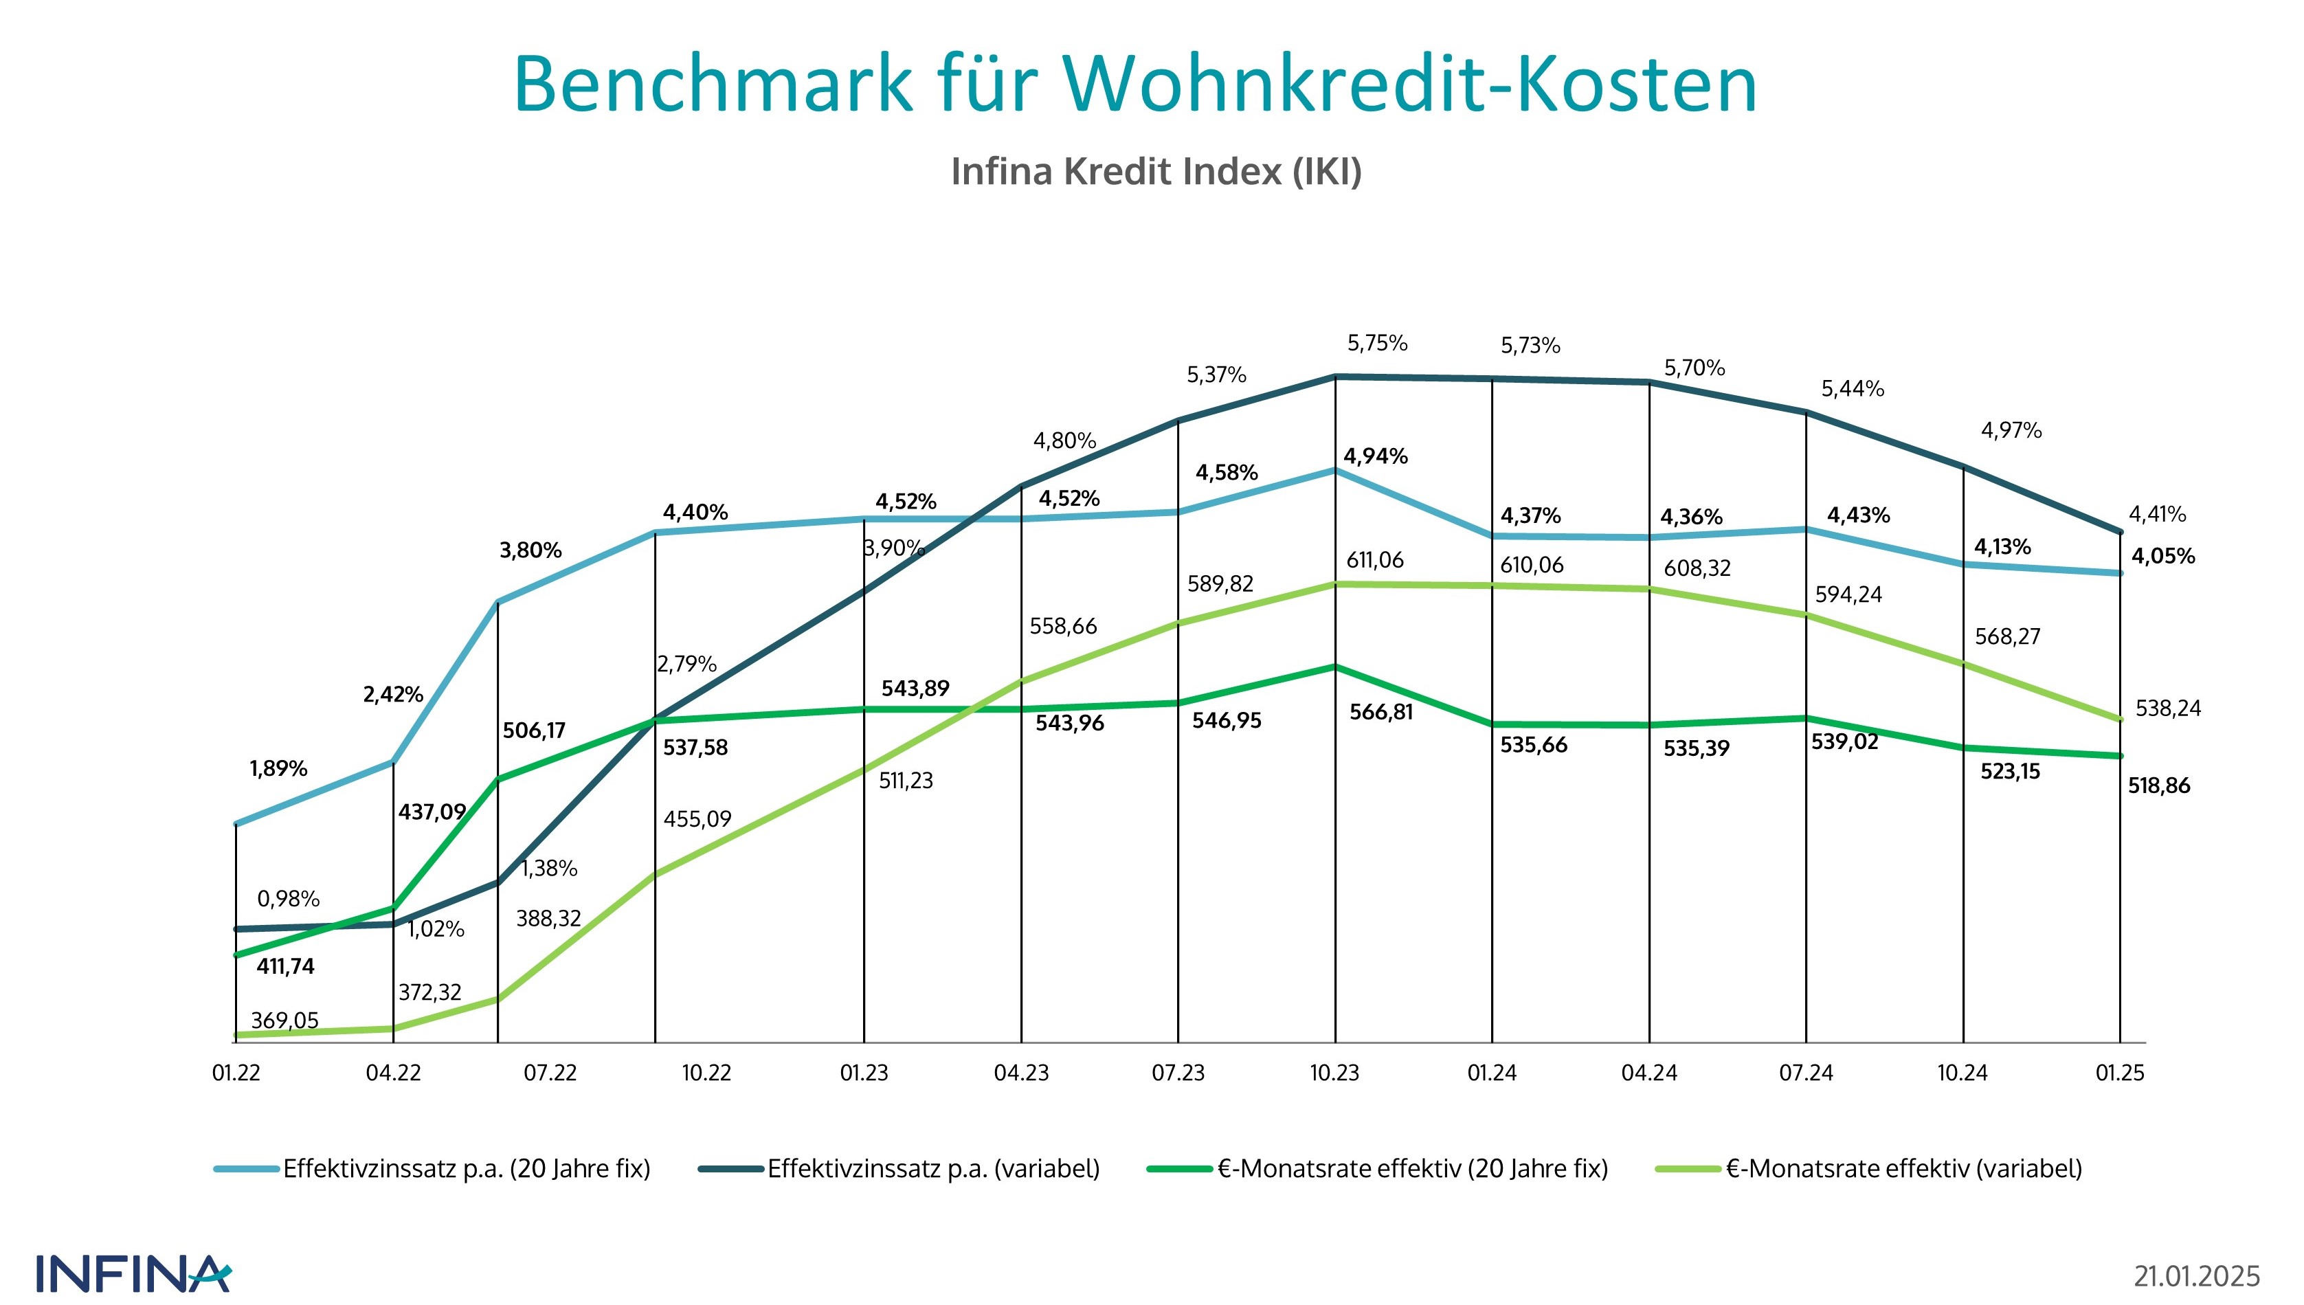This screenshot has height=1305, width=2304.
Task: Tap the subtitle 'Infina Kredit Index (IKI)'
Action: click(x=1156, y=171)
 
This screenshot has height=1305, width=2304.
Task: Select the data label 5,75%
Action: click(x=1377, y=344)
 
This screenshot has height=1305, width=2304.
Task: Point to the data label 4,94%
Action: click(x=1376, y=456)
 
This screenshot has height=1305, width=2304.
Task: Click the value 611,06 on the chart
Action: click(x=1375, y=560)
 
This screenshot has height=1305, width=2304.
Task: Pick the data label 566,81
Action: click(x=1381, y=713)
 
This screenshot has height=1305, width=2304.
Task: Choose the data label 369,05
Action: click(x=284, y=1020)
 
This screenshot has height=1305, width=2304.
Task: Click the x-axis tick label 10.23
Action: click(x=1334, y=1073)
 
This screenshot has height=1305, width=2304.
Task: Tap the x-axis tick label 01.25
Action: click(x=2119, y=1073)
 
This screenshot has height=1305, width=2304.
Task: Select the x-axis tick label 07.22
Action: click(x=550, y=1073)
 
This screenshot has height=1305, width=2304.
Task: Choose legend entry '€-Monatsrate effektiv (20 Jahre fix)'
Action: click(x=1412, y=1169)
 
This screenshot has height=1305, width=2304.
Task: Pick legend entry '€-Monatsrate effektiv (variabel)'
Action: click(x=1903, y=1169)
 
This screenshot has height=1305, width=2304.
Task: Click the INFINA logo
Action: click(x=133, y=1273)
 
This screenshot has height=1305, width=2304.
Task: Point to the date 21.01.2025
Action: click(x=2197, y=1275)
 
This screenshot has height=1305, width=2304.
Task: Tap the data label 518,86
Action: click(x=2159, y=786)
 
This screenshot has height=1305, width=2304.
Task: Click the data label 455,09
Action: click(x=697, y=819)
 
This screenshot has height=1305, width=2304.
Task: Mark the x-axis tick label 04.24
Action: click(x=1649, y=1073)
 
